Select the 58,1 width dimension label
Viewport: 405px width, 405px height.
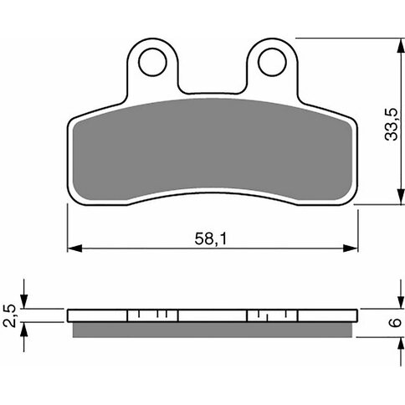pyautogui.click(x=211, y=239)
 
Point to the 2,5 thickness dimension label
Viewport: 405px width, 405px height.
pyautogui.click(x=9, y=315)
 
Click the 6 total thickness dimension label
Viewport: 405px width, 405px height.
pyautogui.click(x=395, y=323)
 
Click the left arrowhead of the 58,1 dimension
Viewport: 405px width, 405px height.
pyautogui.click(x=74, y=248)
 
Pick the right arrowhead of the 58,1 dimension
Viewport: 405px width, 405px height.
pyautogui.click(x=351, y=248)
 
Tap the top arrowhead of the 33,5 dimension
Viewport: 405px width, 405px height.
pyautogui.click(x=401, y=46)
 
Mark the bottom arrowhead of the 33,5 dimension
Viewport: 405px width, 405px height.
pyautogui.click(x=401, y=197)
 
